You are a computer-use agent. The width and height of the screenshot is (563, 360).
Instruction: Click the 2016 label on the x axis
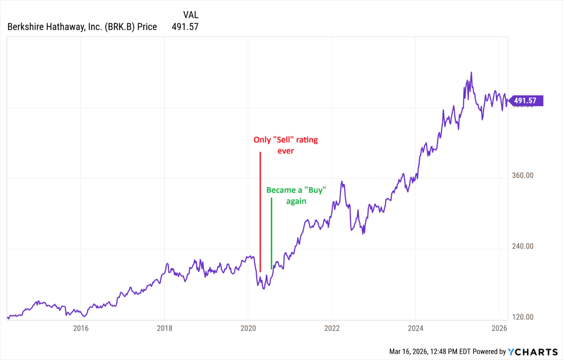(x=80, y=328)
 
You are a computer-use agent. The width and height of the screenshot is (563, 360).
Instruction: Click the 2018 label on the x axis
(x=165, y=328)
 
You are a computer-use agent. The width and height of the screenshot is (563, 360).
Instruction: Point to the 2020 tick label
(x=248, y=328)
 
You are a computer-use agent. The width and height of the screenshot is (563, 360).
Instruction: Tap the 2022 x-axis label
(x=332, y=328)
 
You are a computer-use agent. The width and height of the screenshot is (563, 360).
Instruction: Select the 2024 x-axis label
(x=415, y=328)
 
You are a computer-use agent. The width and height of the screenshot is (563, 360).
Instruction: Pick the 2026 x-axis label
(x=499, y=328)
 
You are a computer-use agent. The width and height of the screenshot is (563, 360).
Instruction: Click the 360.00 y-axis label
(x=522, y=175)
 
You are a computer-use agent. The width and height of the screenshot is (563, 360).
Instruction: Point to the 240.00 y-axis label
(x=522, y=246)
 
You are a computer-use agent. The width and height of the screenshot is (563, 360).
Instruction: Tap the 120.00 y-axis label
(x=522, y=317)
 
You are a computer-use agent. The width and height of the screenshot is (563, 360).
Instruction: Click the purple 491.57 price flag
(x=526, y=101)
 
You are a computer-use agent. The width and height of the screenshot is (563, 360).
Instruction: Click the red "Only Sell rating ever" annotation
(x=286, y=145)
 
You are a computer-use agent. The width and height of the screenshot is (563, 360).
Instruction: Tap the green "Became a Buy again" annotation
(x=296, y=196)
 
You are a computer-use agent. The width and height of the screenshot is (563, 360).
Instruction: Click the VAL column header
(x=191, y=15)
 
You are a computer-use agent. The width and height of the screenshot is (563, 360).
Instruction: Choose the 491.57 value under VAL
(x=185, y=27)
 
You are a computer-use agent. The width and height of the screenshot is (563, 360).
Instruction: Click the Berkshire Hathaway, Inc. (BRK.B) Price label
(x=82, y=27)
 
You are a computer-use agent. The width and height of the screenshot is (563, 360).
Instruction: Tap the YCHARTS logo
(x=533, y=352)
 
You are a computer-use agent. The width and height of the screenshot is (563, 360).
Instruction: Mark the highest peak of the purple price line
(x=471, y=73)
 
